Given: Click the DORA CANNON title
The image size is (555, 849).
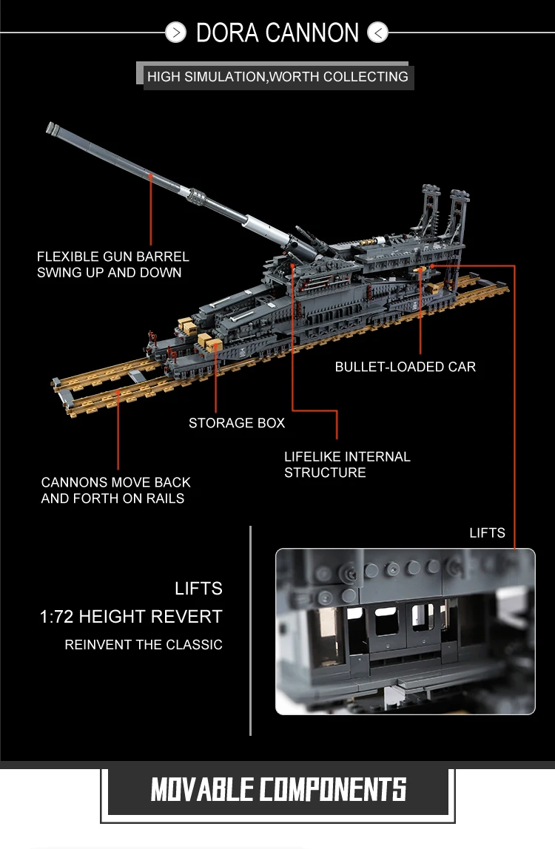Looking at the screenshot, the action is coord(277,33).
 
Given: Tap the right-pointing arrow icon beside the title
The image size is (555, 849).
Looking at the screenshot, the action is coord(176,33).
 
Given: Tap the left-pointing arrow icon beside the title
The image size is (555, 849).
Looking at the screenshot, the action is coord(377,33).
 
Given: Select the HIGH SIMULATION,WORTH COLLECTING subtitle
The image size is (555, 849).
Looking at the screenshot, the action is coord(277,76).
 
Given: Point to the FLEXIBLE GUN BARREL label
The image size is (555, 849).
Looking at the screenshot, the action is coord(113,265).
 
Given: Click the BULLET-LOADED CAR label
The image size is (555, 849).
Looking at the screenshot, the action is coord(405,367).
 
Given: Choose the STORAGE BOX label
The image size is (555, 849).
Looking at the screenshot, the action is coord(237,423).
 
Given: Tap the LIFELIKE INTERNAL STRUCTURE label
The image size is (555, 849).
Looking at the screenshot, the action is coord(347,464).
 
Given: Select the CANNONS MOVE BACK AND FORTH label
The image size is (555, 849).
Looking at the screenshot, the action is coord(115,490).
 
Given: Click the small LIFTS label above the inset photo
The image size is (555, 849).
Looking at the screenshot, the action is coord(487,532).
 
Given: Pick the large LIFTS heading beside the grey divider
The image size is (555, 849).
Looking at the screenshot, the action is coord(198,589).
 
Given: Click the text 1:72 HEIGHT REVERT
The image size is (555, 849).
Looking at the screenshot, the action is coord(131,617).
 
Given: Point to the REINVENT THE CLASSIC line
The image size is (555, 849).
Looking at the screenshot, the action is coord(144,645).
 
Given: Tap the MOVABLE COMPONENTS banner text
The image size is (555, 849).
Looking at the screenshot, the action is coord(278,789).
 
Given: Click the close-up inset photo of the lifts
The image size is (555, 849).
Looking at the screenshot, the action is coord(405,631).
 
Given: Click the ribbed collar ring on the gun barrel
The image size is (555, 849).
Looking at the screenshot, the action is coord(197,196).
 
